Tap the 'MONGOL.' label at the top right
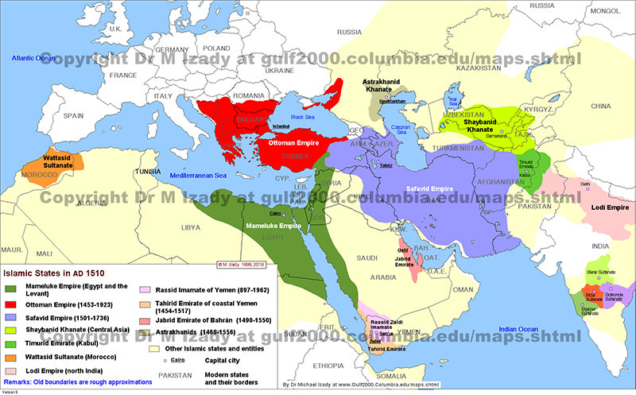click(607, 10)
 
